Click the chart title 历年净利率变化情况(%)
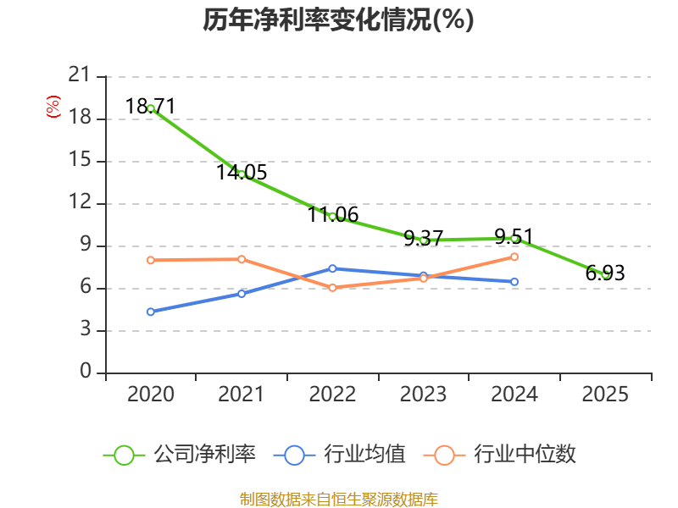pyautogui.click(x=338, y=19)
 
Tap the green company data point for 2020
pyautogui.click(x=151, y=109)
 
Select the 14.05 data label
pyautogui.click(x=242, y=173)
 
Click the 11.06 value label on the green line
pyautogui.click(x=333, y=215)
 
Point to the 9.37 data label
pyautogui.click(x=423, y=239)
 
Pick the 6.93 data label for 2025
pyautogui.click(x=605, y=273)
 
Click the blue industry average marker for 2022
pyautogui.click(x=332, y=268)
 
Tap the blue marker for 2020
pyautogui.click(x=151, y=312)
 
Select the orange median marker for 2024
pyautogui.click(x=514, y=257)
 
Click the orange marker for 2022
pyautogui.click(x=332, y=288)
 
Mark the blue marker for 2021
pyautogui.click(x=242, y=294)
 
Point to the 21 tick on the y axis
pyautogui.click(x=80, y=75)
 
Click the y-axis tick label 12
pyautogui.click(x=80, y=202)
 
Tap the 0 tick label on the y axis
pyautogui.click(x=86, y=372)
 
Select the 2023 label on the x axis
pyautogui.click(x=423, y=395)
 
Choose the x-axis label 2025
pyautogui.click(x=605, y=395)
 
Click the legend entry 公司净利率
pyautogui.click(x=180, y=455)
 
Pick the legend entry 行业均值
pyautogui.click(x=340, y=455)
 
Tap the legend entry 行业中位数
pyautogui.click(x=499, y=455)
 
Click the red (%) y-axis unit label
pyautogui.click(x=53, y=107)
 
